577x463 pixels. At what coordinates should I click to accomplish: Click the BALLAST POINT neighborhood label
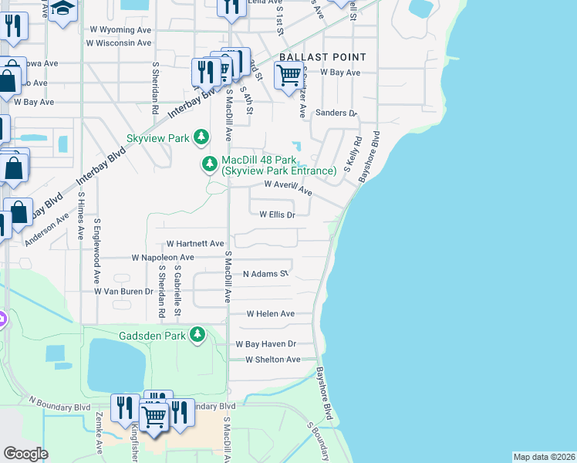322,58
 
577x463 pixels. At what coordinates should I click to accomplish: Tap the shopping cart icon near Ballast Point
288,76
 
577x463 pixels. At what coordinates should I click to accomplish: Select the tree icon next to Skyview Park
201,137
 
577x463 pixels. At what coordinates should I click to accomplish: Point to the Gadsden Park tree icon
198,335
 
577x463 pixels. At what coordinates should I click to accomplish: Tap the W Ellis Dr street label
277,215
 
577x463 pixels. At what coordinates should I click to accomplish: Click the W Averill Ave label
288,187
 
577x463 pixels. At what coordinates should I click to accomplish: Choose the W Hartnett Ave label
194,243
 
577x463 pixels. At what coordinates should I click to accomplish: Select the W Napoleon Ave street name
163,257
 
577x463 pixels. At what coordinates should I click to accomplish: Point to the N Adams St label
265,274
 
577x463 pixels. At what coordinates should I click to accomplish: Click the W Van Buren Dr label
123,292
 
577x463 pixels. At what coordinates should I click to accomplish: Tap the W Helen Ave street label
270,314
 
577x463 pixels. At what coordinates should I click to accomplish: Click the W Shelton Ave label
272,360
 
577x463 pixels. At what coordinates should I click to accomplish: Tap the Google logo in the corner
25,454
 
